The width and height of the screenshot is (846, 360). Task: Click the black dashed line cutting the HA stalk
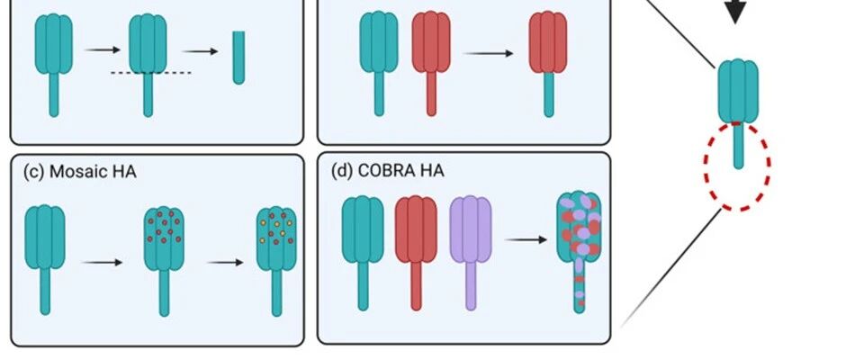pyautogui.click(x=148, y=72)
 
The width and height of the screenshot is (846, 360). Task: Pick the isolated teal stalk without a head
pyautogui.click(x=238, y=58)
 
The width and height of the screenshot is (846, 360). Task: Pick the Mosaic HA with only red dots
pyautogui.click(x=164, y=247)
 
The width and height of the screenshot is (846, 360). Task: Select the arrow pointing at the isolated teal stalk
pyautogui.click(x=199, y=51)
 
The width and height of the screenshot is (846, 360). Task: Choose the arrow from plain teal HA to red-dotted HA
pyautogui.click(x=103, y=263)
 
